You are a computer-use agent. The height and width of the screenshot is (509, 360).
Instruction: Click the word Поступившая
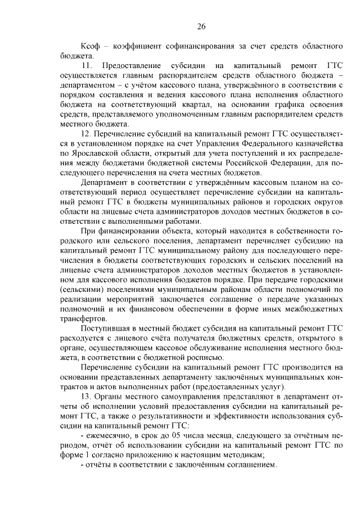[106, 327]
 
